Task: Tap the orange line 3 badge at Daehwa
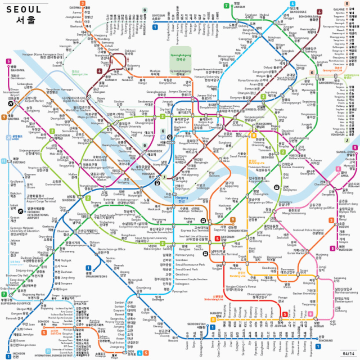(x=82, y=4)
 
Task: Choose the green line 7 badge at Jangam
(x=226, y=6)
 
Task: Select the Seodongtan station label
(x=197, y=324)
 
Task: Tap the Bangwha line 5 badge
(x=8, y=61)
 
